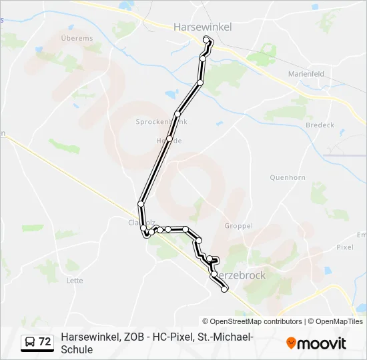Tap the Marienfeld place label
(x=306, y=73)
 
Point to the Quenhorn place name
(x=287, y=177)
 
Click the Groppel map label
(x=238, y=226)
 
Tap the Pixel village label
(x=344, y=247)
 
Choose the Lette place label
(x=75, y=281)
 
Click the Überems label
(x=77, y=39)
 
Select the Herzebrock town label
(x=240, y=275)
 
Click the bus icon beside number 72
(x=30, y=342)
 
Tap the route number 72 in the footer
(x=45, y=342)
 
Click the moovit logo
(x=316, y=343)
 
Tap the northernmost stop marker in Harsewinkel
(x=206, y=39)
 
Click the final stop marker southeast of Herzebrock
(x=224, y=289)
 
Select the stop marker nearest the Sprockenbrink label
(x=177, y=114)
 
